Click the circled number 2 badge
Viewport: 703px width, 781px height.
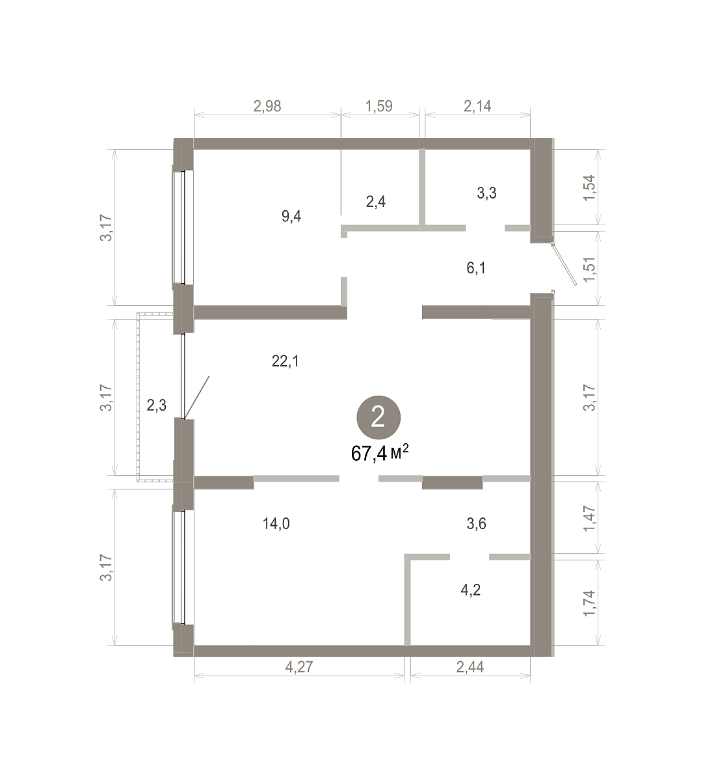pyautogui.click(x=378, y=418)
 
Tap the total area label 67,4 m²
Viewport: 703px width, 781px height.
pyautogui.click(x=380, y=453)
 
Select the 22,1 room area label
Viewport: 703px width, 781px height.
pyautogui.click(x=285, y=362)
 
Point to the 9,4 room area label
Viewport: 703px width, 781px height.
pyautogui.click(x=291, y=217)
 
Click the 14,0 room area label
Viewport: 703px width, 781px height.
pyautogui.click(x=276, y=524)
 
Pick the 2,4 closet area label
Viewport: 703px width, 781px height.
pyautogui.click(x=376, y=202)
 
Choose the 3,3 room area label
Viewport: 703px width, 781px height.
pyautogui.click(x=486, y=193)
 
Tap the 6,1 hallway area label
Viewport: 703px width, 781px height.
pyautogui.click(x=476, y=268)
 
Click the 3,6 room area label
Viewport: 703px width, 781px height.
pyautogui.click(x=477, y=524)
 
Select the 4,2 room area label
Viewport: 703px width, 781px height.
pyautogui.click(x=471, y=590)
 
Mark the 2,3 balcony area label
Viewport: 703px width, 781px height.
pyautogui.click(x=156, y=405)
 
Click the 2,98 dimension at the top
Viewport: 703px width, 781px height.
pyautogui.click(x=267, y=106)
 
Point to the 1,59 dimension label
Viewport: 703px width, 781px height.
pyautogui.click(x=379, y=106)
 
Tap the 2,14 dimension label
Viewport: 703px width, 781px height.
pyautogui.click(x=478, y=106)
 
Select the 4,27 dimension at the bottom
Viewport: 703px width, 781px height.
pyautogui.click(x=299, y=667)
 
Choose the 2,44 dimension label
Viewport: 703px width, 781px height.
pyautogui.click(x=470, y=667)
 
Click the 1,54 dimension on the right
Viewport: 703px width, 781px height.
pyautogui.click(x=589, y=187)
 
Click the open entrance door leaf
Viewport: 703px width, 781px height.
pyautogui.click(x=564, y=264)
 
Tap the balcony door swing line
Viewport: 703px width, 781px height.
pyautogui.click(x=196, y=398)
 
